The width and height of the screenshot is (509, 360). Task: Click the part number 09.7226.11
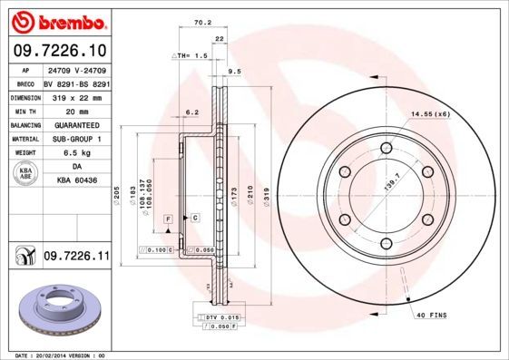click(x=76, y=258)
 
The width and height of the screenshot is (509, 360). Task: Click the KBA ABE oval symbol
click(x=26, y=174)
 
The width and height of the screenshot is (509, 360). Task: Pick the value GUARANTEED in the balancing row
click(x=77, y=125)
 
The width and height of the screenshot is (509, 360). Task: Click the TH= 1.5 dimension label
click(x=191, y=55)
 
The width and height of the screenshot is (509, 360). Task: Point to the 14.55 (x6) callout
click(x=430, y=114)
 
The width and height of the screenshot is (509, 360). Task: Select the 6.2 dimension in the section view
click(x=191, y=112)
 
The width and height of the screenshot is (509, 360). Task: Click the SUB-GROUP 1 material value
click(x=77, y=139)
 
